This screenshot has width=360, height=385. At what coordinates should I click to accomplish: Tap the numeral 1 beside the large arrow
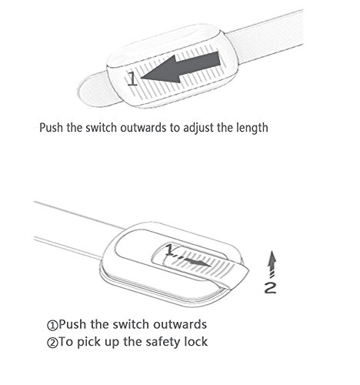point(132,79)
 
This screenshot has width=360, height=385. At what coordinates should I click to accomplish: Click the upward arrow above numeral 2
point(272,264)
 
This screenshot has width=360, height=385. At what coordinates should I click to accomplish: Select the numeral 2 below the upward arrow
point(271,287)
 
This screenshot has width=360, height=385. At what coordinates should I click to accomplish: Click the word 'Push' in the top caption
point(51,128)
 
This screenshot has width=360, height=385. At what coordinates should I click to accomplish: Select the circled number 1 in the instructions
point(52,325)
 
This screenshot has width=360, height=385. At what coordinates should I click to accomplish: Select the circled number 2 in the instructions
point(52,343)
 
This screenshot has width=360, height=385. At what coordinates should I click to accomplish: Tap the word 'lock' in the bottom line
point(196,342)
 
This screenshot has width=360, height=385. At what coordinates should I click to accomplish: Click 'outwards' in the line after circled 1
point(180,324)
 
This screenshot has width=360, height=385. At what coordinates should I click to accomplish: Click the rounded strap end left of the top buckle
point(95,90)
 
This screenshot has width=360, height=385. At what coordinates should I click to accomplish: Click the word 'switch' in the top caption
point(101,128)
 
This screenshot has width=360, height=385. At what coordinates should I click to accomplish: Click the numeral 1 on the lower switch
point(169,249)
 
